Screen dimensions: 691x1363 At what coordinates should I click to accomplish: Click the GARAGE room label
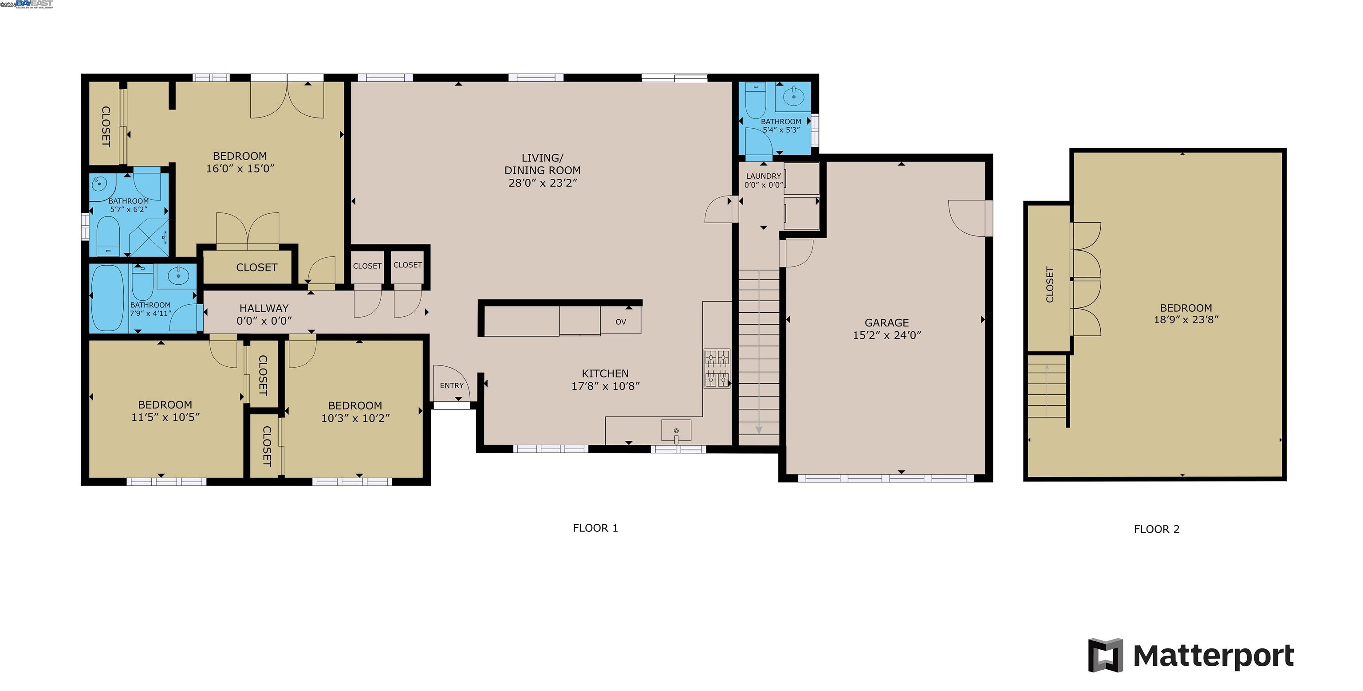click(886, 322)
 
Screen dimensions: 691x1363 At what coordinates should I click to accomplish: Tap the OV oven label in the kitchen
click(621, 322)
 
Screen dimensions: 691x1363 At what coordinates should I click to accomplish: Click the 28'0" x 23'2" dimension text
click(542, 183)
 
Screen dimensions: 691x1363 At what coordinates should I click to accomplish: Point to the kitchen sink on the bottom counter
click(676, 431)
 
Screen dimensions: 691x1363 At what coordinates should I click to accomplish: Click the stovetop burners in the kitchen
click(717, 369)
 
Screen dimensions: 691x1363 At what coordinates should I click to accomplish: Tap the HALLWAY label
click(264, 308)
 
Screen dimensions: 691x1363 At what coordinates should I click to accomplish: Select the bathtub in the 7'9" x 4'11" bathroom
click(107, 298)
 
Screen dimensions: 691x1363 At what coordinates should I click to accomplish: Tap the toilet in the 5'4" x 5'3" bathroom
click(755, 101)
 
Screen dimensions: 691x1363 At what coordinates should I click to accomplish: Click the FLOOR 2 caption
click(1156, 529)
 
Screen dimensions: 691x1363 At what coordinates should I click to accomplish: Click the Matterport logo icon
click(1105, 655)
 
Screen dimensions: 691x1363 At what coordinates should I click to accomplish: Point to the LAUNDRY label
click(763, 176)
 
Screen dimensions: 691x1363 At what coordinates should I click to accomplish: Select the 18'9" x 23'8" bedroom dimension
click(1186, 320)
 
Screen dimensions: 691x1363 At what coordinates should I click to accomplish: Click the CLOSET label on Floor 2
click(1050, 285)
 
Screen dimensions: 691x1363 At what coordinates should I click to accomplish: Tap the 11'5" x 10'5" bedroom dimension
click(165, 417)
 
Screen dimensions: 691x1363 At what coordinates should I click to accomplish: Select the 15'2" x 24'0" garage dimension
click(886, 335)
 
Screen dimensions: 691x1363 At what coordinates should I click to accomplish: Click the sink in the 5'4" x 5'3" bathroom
click(792, 97)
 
